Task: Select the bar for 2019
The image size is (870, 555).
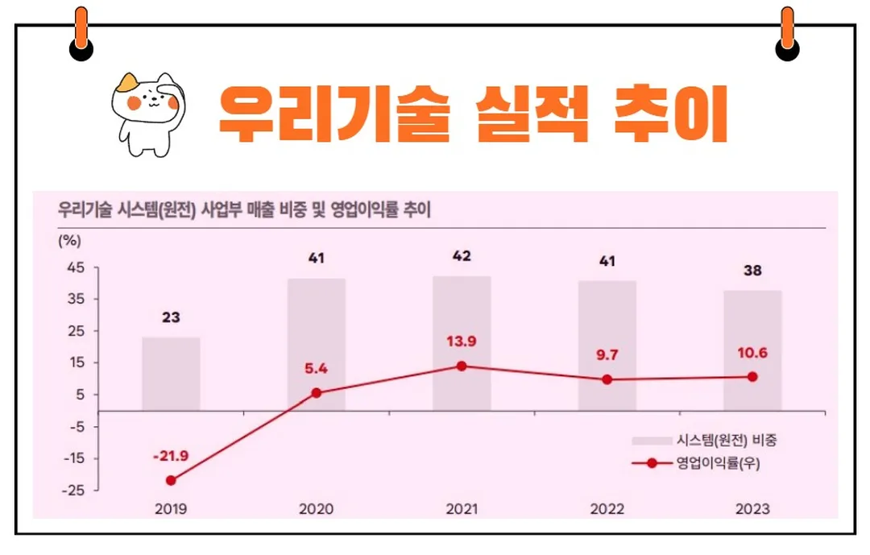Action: coord(171,374)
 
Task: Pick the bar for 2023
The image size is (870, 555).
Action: coord(752,350)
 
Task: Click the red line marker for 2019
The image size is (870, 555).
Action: coord(171,481)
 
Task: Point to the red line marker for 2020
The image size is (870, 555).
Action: coord(316,393)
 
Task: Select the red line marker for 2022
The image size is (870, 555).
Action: coord(607,379)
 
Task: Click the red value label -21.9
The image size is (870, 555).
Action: coord(170,456)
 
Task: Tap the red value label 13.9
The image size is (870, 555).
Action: coord(462,341)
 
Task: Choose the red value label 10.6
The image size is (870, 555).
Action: coord(752,352)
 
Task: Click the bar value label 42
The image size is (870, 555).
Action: coord(462,257)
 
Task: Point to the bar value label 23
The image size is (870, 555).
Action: coord(171,317)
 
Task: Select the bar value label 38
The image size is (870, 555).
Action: coord(752,271)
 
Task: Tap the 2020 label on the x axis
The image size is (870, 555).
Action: coord(316,509)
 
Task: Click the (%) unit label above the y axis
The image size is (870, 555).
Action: coord(69,239)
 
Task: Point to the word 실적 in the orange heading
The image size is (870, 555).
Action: coord(531,113)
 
